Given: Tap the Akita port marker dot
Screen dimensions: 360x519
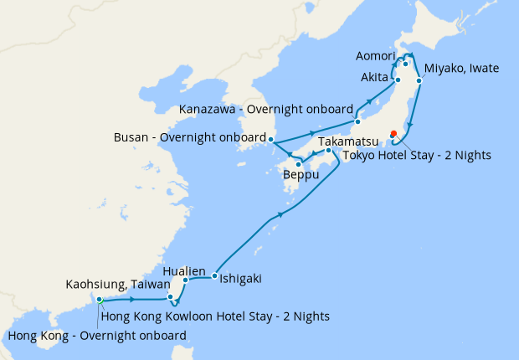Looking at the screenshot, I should tap(398, 80).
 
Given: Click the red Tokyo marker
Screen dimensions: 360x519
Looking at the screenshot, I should tap(393, 133).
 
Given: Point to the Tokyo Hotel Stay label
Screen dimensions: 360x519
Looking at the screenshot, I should tap(418, 155).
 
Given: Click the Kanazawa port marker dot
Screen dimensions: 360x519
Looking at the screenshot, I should tap(357, 110).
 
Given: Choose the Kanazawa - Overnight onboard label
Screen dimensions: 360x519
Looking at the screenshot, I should tap(267, 110).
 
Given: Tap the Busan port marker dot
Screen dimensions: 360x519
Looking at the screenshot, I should tap(271, 138).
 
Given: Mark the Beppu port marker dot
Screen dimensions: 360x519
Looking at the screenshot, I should tap(299, 165).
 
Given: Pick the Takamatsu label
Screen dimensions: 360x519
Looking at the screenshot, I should tap(346, 143).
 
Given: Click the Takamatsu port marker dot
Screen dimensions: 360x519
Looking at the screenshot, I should tap(329, 151).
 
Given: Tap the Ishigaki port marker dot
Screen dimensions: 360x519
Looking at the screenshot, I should tap(215, 275).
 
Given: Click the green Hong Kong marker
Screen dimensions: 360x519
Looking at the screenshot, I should tap(99, 299).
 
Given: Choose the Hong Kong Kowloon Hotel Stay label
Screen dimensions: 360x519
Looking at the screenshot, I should tap(214, 316).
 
